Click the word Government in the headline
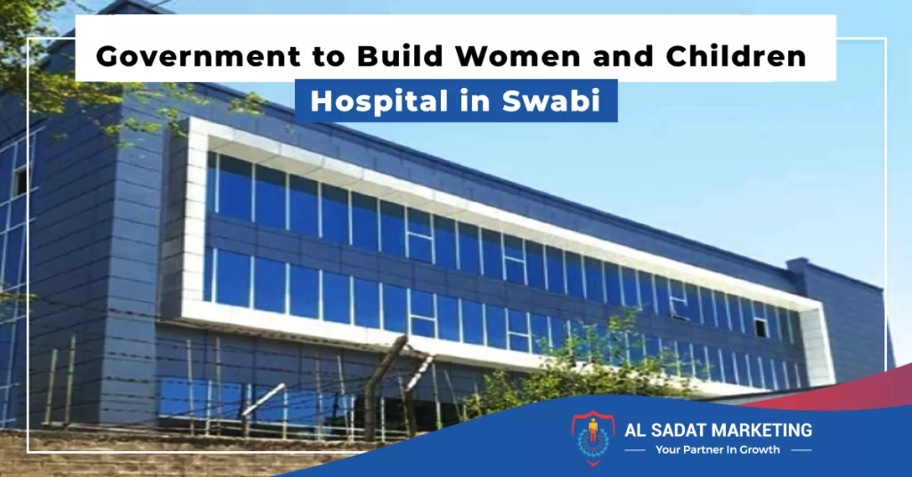pos(199,56)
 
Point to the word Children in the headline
pos(736,56)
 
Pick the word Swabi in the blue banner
pos(550,101)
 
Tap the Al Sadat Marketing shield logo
pos(592,438)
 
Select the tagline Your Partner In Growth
pos(717,449)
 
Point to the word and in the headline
pos(623,56)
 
